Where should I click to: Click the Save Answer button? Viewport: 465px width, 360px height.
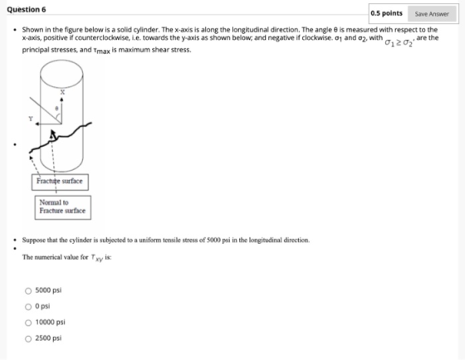[432, 14]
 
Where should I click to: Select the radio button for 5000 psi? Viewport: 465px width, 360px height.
[28, 291]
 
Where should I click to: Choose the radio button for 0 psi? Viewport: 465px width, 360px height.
[28, 307]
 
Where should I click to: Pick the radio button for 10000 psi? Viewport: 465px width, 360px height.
[28, 323]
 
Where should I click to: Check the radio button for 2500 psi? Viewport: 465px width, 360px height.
[28, 338]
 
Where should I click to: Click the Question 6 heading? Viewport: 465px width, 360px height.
[27, 9]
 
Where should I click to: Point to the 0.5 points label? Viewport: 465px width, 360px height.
[386, 13]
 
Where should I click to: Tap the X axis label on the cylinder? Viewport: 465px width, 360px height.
[62, 92]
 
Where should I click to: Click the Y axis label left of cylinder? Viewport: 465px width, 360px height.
[31, 119]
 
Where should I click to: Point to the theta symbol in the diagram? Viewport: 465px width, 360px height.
[57, 109]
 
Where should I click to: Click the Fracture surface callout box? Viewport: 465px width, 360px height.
[60, 182]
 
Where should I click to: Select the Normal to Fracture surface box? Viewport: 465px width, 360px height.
[63, 207]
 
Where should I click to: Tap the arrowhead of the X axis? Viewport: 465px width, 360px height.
[61, 100]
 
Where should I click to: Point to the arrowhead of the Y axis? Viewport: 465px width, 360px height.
[37, 124]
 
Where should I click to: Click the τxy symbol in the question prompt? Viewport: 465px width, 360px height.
[97, 258]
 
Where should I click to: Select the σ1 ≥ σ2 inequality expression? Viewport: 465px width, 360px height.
[399, 42]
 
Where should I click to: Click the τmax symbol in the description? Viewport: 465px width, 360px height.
[101, 51]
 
